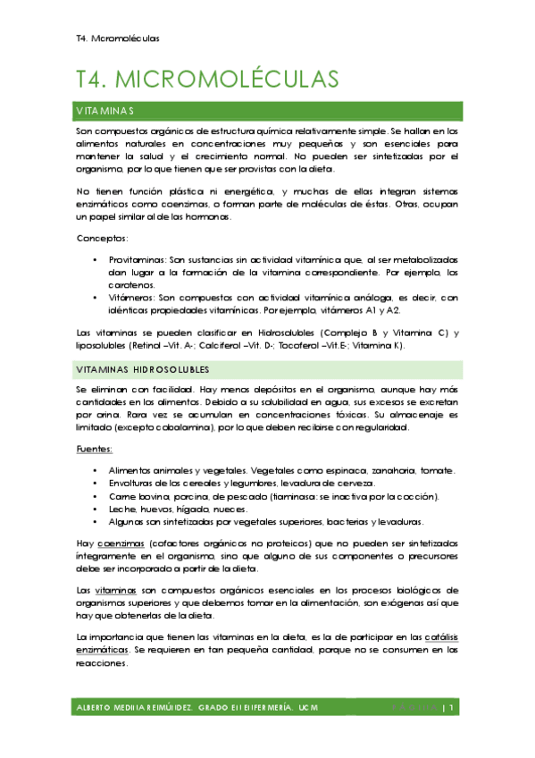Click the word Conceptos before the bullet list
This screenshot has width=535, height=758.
point(101,239)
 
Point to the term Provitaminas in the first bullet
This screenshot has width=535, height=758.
point(138,258)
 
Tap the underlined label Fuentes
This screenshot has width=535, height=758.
point(94,449)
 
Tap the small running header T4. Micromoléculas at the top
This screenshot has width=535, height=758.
point(118,38)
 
